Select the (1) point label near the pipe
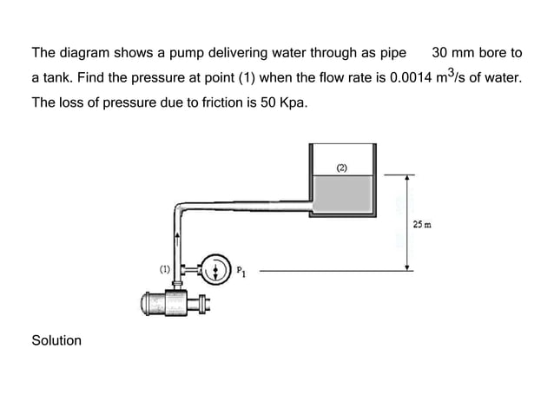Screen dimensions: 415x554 (x=162, y=270)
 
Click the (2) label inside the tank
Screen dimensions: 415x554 (x=342, y=167)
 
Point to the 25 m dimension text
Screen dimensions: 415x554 (x=423, y=225)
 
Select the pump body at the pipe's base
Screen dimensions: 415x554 (x=170, y=304)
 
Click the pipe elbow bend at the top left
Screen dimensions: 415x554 (x=181, y=209)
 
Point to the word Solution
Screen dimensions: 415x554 (x=56, y=340)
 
